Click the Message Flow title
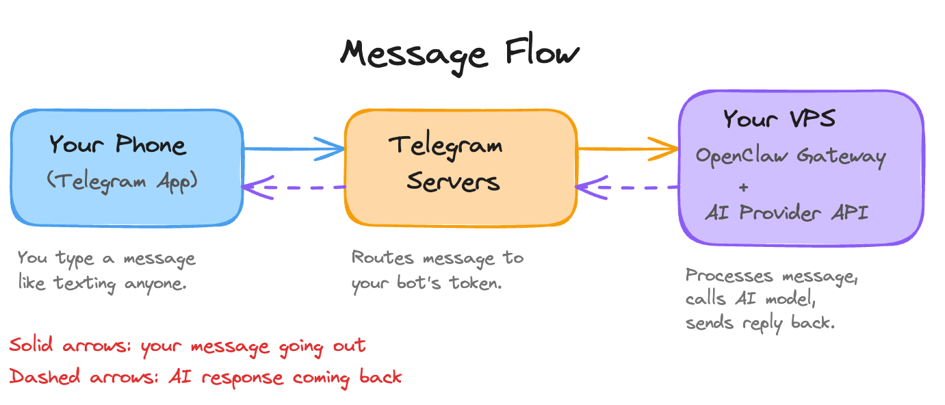click(459, 53)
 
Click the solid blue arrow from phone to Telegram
click(294, 148)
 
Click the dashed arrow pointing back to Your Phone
click(294, 187)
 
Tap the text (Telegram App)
click(122, 181)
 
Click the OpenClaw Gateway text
click(790, 156)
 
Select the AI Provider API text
click(787, 213)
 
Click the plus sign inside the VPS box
click(744, 186)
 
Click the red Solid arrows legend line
click(187, 346)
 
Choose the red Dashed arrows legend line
click(205, 377)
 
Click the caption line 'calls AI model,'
click(747, 299)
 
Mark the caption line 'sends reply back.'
click(760, 322)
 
